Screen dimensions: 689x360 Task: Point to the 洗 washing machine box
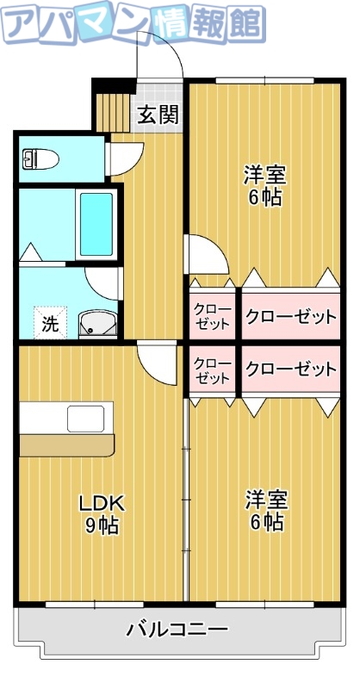pyautogui.click(x=50, y=324)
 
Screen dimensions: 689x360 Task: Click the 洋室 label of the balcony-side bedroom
pyautogui.click(x=265, y=500)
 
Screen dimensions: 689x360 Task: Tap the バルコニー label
pyautogui.click(x=177, y=630)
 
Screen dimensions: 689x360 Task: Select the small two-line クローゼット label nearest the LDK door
pyautogui.click(x=211, y=369)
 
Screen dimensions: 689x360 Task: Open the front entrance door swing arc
pyautogui.click(x=162, y=58)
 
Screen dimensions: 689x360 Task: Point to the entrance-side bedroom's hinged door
pyautogui.click(x=207, y=252)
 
